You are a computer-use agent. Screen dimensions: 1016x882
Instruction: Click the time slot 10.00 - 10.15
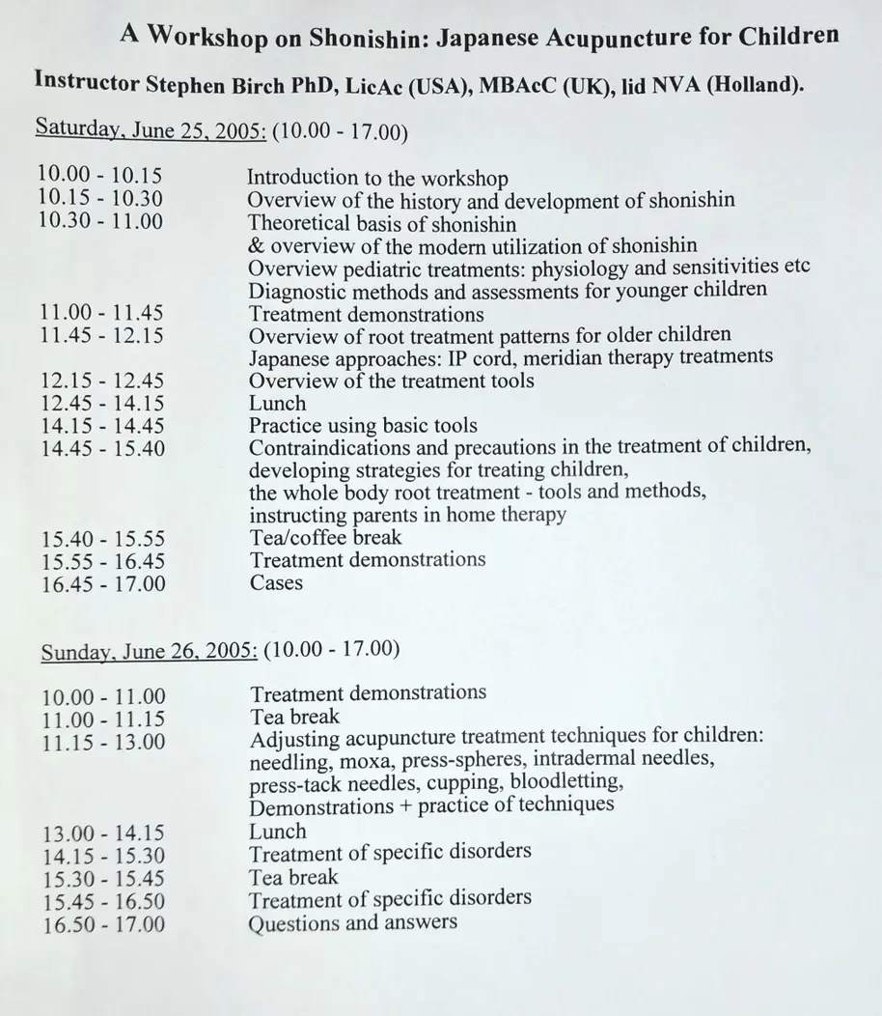(x=99, y=175)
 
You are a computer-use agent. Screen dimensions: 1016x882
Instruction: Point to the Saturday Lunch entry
(x=277, y=404)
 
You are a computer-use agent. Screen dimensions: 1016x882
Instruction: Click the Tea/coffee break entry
(x=325, y=537)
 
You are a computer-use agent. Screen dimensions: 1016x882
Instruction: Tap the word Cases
(x=276, y=582)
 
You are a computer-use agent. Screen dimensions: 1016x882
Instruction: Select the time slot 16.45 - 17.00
(x=102, y=583)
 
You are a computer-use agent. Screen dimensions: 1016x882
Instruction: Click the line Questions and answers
(x=352, y=922)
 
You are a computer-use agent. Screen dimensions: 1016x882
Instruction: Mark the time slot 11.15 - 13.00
(x=103, y=742)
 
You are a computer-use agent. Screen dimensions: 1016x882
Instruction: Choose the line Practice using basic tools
(x=363, y=426)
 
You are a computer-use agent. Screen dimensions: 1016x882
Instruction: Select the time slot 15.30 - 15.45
(x=104, y=879)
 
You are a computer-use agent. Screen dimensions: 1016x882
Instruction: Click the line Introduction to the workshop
(x=377, y=178)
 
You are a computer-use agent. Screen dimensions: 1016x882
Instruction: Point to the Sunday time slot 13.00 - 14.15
(x=103, y=833)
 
